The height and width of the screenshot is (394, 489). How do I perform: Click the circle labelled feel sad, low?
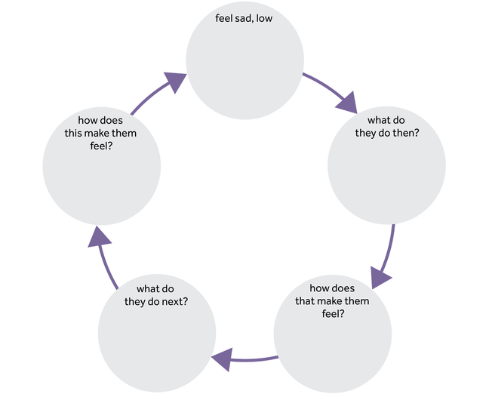click(245, 60)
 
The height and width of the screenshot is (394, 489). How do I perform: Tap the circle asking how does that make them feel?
click(333, 332)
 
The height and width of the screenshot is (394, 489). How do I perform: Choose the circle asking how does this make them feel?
click(102, 166)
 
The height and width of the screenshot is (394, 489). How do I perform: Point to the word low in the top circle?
click(263, 19)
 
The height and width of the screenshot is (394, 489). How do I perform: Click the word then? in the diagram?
click(405, 133)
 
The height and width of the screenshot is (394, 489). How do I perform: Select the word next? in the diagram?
click(174, 301)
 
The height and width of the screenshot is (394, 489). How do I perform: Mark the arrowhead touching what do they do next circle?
click(222, 362)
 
